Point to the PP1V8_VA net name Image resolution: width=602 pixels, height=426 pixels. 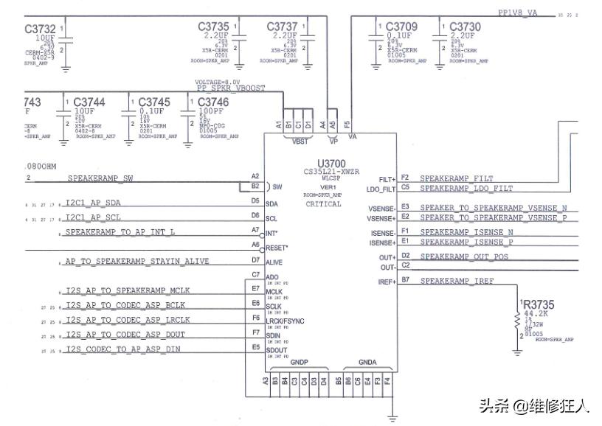coord(518,13)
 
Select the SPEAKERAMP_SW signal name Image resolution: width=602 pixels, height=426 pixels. coord(100,178)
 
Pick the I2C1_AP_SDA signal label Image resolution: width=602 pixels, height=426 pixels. coord(92,203)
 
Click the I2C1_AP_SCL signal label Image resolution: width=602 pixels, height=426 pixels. coord(92,217)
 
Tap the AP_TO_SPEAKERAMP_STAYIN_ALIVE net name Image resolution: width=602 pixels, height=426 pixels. coord(136,261)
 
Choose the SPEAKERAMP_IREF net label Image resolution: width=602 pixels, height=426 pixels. coord(457,281)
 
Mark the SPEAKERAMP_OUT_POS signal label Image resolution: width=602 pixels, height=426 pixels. coord(464,256)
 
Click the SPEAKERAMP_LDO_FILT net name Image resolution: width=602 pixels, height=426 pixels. coord(466,189)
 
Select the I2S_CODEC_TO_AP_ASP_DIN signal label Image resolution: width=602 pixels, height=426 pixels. coord(122,349)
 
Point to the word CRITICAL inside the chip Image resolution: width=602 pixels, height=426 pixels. coord(323,204)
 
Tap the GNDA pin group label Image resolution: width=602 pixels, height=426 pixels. coord(367,363)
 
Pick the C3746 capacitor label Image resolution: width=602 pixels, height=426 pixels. coord(212,102)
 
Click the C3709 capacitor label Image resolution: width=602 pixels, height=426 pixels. coord(401,27)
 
